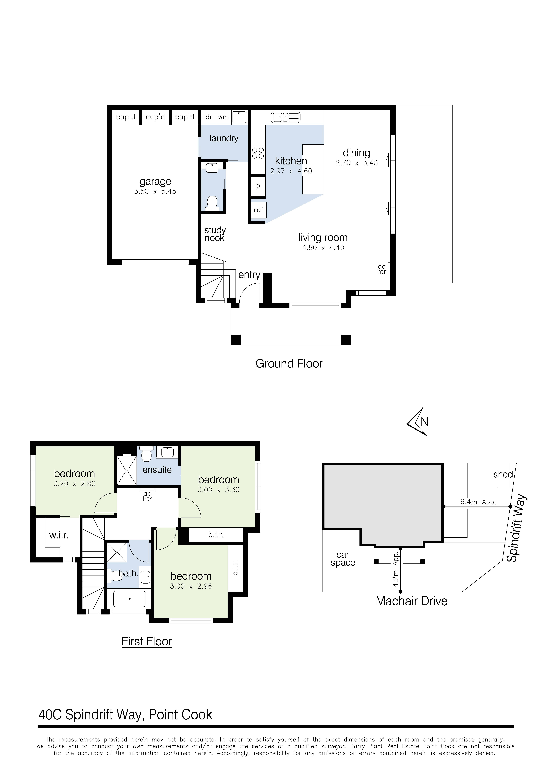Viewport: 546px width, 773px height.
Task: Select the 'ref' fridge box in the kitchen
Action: coord(258,210)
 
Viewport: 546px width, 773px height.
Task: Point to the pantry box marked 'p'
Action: coord(258,186)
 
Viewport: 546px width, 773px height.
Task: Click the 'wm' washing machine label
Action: coord(223,117)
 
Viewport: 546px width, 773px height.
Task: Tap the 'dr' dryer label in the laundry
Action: coord(209,117)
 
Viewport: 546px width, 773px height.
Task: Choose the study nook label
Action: coord(215,234)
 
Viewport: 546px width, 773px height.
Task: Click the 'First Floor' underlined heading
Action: coord(147,641)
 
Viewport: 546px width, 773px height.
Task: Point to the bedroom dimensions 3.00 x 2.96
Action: coord(191,586)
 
